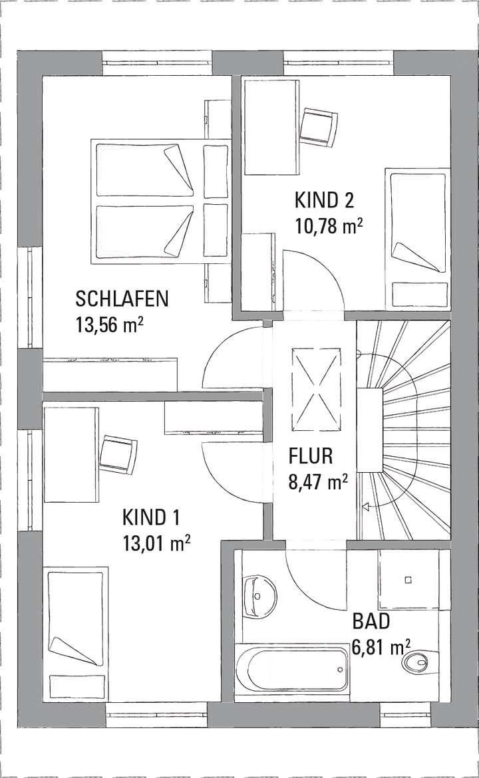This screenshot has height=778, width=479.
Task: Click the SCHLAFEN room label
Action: tap(122, 298)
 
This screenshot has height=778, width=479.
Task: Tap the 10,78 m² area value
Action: tap(329, 225)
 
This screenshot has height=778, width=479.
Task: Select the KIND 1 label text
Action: tap(151, 517)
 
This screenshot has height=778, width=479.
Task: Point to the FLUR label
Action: tap(311, 456)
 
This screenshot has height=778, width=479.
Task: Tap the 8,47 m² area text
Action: tap(318, 481)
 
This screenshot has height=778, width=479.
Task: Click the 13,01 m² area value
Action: tap(157, 543)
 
